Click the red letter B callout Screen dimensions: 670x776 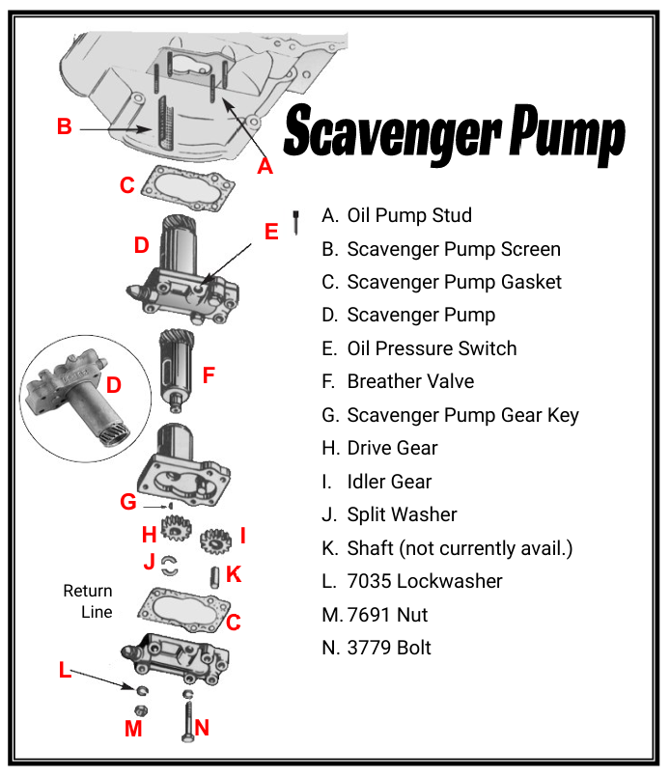(65, 126)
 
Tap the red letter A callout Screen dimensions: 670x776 (265, 166)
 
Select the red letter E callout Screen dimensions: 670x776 (271, 232)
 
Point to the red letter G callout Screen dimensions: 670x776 (128, 502)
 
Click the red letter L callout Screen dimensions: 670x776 (65, 670)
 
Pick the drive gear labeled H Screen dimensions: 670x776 (176, 528)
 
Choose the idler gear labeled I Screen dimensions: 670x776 (215, 540)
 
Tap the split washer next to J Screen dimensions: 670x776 (169, 566)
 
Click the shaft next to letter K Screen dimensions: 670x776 (215, 577)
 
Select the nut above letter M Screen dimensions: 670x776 (141, 711)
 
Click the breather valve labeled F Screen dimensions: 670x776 (177, 371)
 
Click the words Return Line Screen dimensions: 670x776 (88, 601)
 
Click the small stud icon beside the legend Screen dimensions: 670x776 (296, 223)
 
